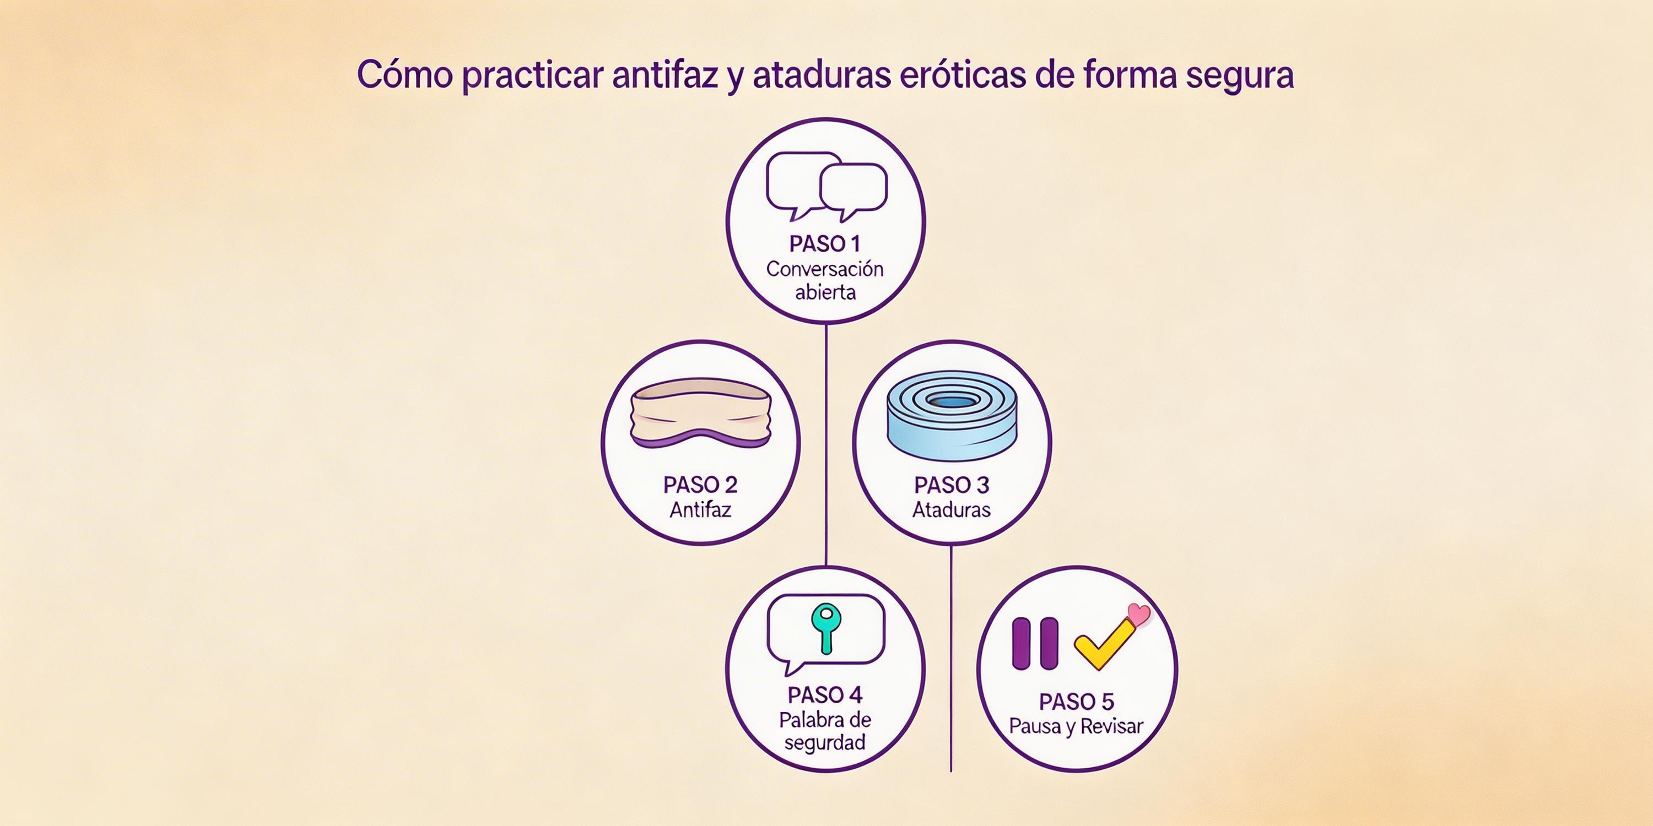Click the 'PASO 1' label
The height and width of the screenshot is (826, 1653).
click(x=825, y=244)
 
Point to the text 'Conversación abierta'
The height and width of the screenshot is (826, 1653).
click(x=825, y=280)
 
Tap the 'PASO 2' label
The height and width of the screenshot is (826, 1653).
click(x=700, y=485)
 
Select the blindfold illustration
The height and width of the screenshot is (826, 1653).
click(x=700, y=413)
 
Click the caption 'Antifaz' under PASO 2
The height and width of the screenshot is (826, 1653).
click(x=700, y=510)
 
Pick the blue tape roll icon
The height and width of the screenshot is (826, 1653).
click(x=951, y=416)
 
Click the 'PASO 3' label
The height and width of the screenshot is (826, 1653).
click(x=952, y=485)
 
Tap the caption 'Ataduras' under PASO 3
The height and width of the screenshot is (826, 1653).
click(x=952, y=510)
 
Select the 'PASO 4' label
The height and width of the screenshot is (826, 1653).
click(x=825, y=695)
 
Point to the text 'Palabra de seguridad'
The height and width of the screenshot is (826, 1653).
click(x=825, y=731)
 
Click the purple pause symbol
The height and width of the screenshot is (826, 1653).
click(x=1034, y=644)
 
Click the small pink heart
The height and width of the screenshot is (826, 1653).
click(x=1139, y=615)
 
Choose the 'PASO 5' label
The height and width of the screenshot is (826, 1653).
click(x=1076, y=702)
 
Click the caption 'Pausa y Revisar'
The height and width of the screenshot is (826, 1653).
click(x=1076, y=726)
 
